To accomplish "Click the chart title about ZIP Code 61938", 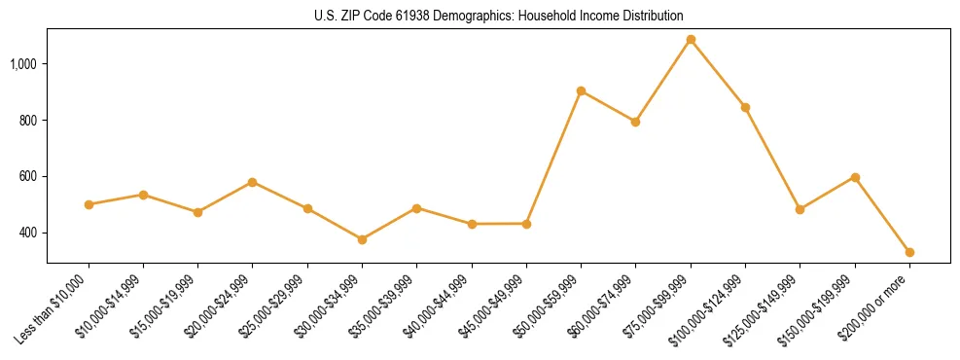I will [499, 16].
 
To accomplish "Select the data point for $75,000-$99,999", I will [691, 40].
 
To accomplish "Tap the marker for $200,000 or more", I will [909, 252].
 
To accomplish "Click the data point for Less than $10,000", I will [89, 204].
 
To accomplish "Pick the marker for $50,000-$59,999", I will [581, 90].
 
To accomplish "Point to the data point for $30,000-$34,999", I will [362, 239].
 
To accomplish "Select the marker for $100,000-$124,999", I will [745, 107].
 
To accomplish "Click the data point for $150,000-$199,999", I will [855, 177].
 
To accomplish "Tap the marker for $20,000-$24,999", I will [252, 182].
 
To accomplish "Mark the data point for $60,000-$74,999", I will [635, 122].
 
